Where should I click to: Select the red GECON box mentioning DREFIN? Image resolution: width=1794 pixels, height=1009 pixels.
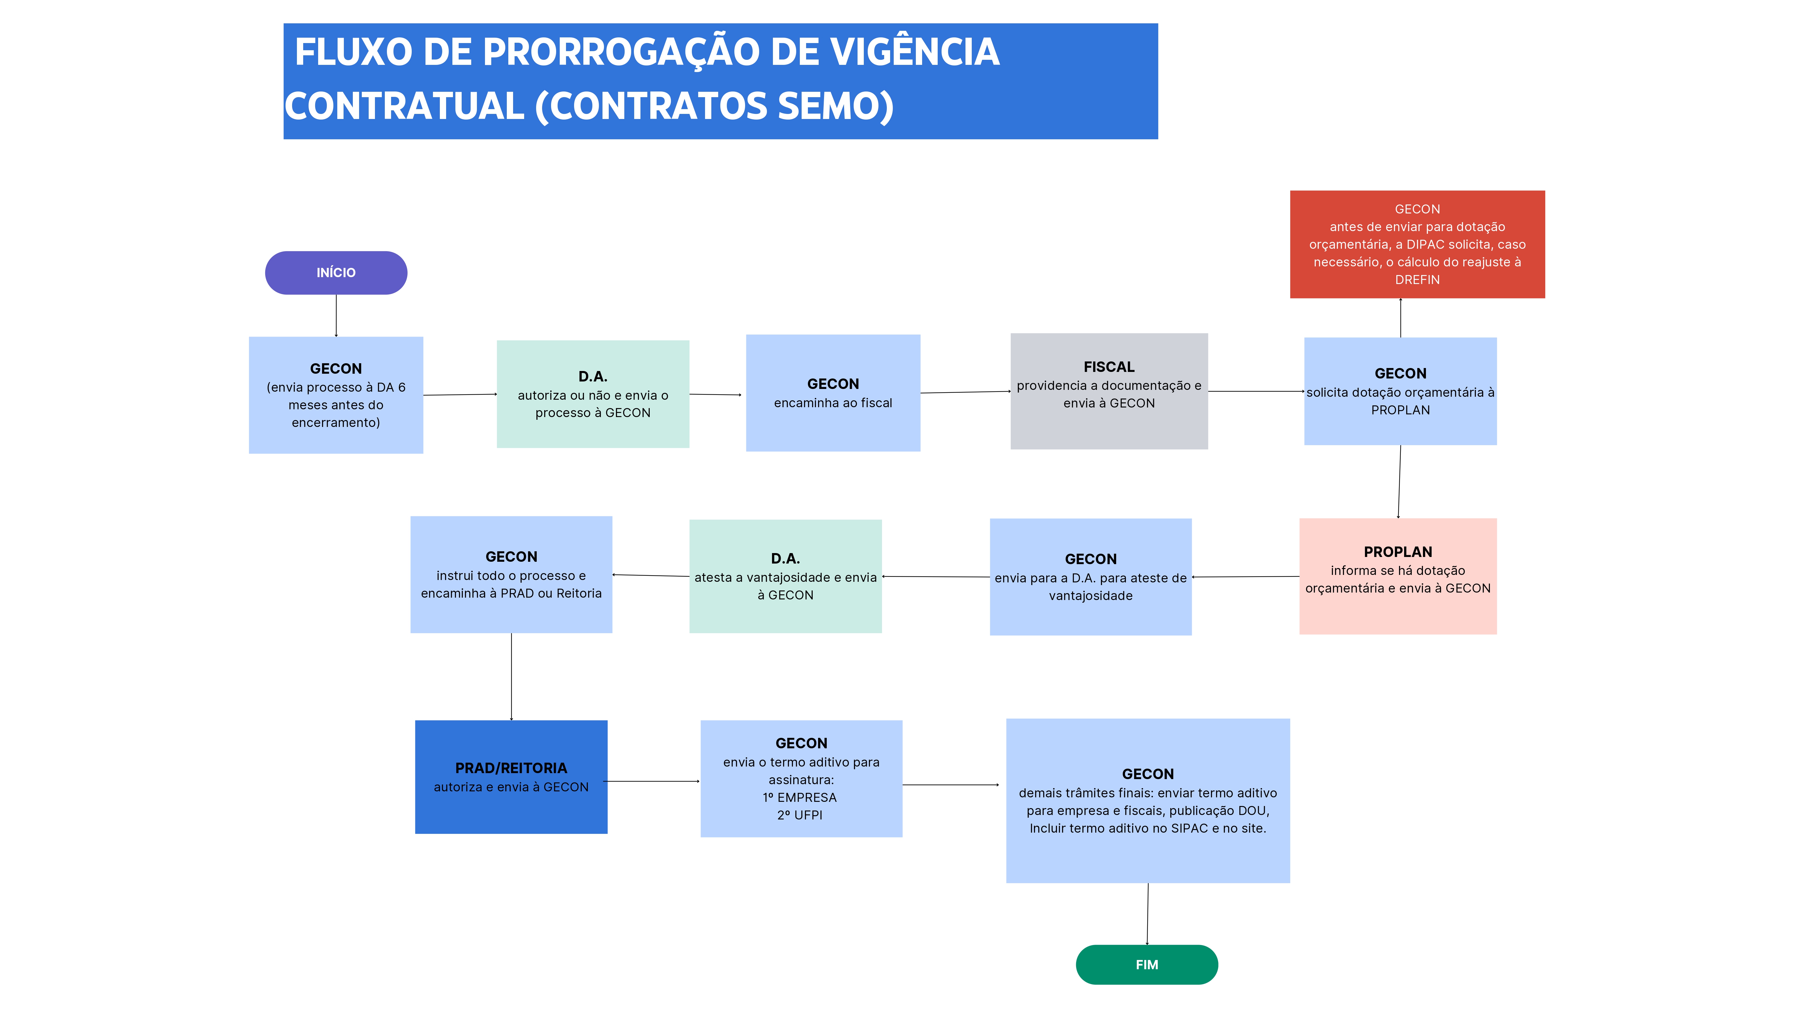point(1417,245)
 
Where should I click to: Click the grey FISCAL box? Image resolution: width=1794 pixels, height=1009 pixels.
point(1109,391)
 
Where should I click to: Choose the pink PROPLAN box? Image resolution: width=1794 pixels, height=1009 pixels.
point(1398,577)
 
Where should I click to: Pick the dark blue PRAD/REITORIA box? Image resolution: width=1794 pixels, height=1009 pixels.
point(511,777)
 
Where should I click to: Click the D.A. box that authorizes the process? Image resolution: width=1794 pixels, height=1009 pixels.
point(593,394)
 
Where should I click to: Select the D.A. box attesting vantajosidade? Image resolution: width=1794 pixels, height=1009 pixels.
point(785,577)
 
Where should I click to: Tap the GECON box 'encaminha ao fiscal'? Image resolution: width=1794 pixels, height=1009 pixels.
point(833,393)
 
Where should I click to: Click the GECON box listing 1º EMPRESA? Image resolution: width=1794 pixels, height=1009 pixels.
point(801,778)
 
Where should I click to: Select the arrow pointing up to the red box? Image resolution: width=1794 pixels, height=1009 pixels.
point(1401,318)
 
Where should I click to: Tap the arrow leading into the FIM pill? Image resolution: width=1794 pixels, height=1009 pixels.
point(1148,914)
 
